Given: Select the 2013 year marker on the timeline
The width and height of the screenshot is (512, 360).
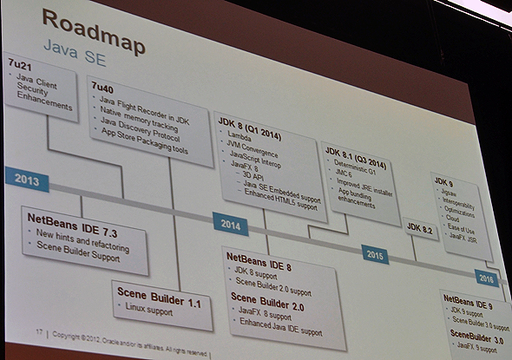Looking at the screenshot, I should coord(26,180).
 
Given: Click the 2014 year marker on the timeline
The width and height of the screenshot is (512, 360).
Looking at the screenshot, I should coord(231,223).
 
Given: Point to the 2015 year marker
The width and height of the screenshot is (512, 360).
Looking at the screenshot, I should coord(375,256).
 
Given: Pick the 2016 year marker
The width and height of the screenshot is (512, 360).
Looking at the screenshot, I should coord(486,278).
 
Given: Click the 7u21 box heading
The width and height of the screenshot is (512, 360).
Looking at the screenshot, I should coord(19,65).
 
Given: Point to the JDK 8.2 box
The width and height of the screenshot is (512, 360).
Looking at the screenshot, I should coord(419,227).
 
